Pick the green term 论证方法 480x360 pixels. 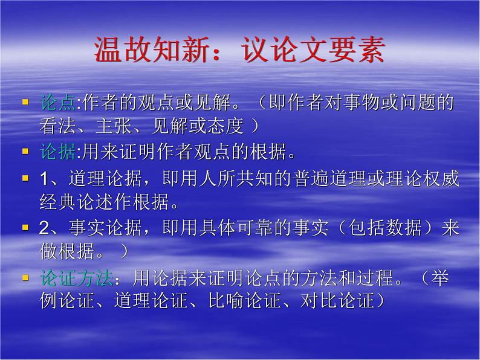[x=76, y=278]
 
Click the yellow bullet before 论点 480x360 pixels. [x=25, y=102]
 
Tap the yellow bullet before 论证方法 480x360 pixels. [x=25, y=278]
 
